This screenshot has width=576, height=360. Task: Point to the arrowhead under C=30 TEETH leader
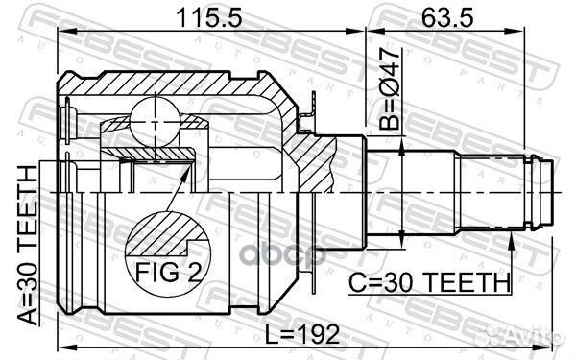[510, 240]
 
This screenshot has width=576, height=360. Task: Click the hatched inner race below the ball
[154, 152]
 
